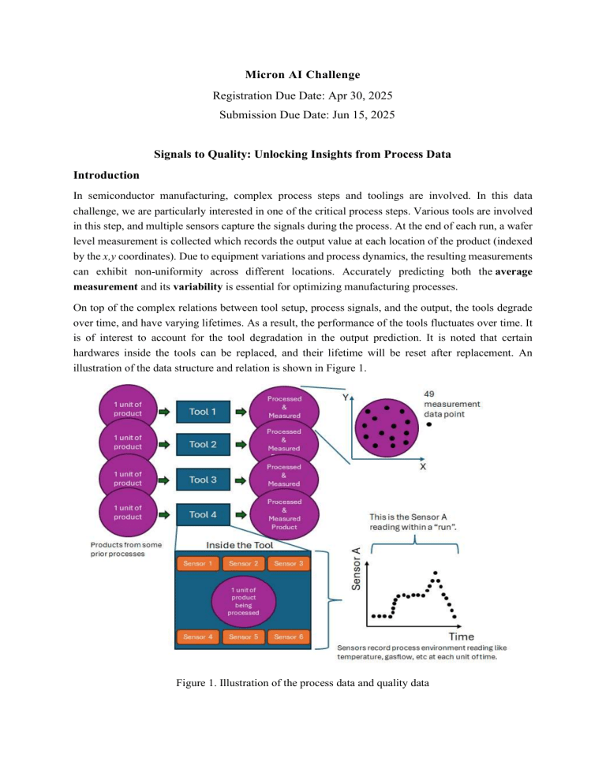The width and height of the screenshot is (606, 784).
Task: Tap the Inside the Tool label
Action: click(242, 545)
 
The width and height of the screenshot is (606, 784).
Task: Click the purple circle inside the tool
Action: click(242, 599)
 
